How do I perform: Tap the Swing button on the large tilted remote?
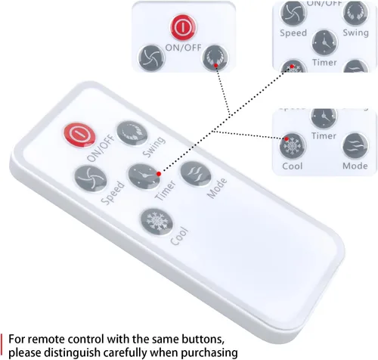click(x=132, y=133)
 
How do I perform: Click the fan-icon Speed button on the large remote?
click(x=91, y=178)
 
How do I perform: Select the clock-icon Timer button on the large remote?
click(x=144, y=176)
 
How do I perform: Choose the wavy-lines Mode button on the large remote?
click(x=196, y=174)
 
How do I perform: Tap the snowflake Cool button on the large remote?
click(x=156, y=222)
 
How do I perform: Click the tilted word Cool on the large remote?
click(x=179, y=236)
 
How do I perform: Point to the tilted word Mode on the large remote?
click(x=217, y=188)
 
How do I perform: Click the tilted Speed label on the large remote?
click(x=113, y=193)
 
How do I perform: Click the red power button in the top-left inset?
click(x=183, y=27)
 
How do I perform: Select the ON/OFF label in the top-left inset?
click(x=184, y=48)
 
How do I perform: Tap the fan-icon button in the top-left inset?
click(x=151, y=58)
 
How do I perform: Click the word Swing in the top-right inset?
click(x=355, y=33)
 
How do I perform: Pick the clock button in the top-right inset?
click(x=324, y=43)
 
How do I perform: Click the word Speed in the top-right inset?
click(x=293, y=33)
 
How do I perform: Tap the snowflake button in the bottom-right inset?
click(x=293, y=146)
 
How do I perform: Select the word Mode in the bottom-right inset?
click(x=355, y=166)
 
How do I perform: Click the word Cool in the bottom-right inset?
click(x=293, y=166)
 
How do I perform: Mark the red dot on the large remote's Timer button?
click(x=159, y=174)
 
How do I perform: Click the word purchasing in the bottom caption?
click(x=209, y=353)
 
